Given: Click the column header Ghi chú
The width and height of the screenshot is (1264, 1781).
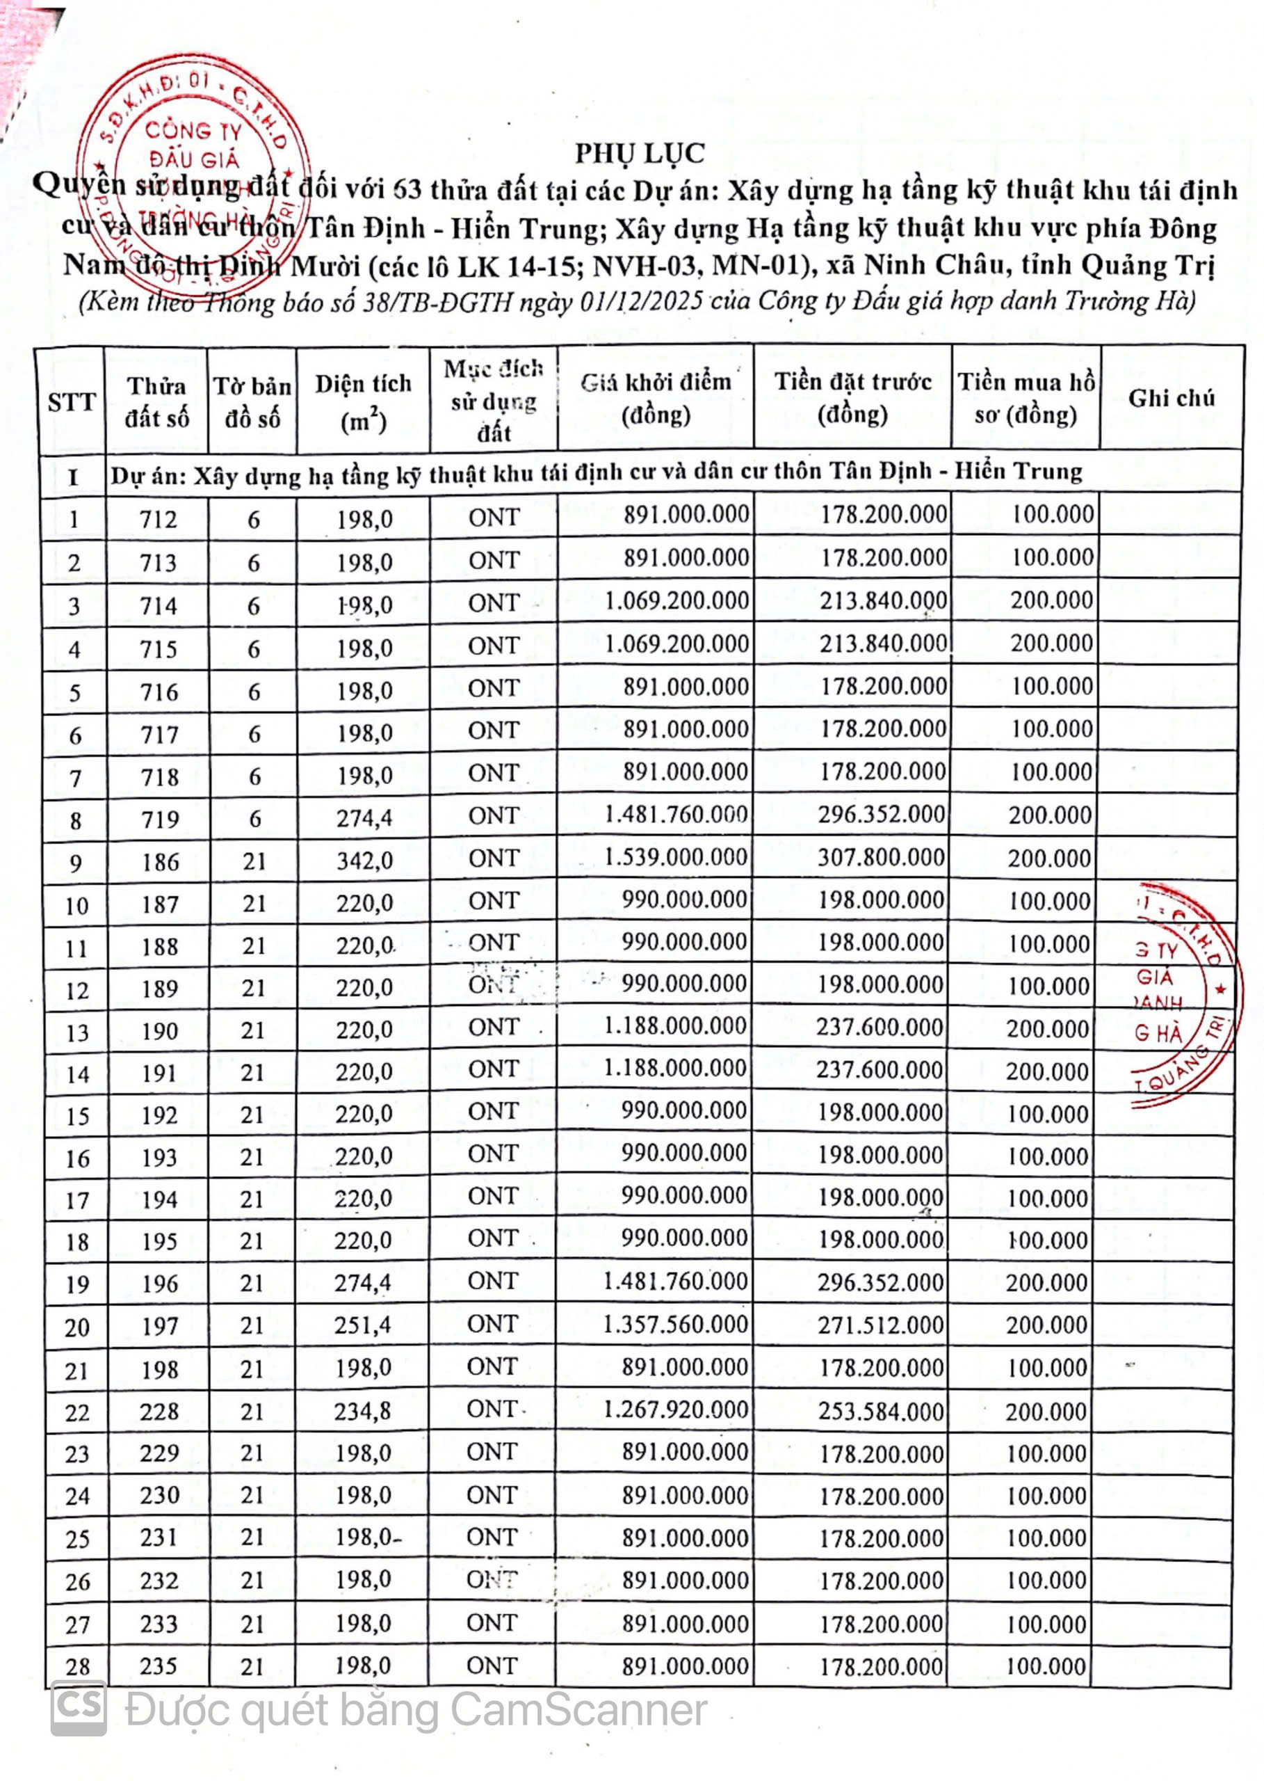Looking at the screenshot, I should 1171,398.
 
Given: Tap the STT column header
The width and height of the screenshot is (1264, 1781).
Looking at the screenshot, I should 71,403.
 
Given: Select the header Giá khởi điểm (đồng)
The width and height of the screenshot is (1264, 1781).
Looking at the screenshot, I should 656,398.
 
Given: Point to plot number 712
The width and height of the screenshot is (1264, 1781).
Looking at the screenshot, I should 158,519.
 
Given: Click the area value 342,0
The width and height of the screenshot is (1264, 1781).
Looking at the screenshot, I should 364,861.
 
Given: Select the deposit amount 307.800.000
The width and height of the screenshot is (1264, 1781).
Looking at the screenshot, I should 881,858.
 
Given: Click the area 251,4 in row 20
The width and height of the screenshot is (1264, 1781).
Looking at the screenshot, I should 363,1325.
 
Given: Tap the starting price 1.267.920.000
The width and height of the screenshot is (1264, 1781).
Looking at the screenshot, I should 675,1409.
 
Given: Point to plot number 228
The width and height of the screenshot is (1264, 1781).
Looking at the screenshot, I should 159,1411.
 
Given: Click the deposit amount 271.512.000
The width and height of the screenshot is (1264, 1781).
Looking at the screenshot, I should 880,1325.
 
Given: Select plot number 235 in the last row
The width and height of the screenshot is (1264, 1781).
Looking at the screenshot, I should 159,1666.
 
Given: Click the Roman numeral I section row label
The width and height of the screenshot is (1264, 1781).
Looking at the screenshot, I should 72,476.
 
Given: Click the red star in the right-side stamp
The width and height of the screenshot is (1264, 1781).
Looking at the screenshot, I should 1220,989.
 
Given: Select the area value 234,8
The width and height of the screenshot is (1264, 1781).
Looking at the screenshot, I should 363,1411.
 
